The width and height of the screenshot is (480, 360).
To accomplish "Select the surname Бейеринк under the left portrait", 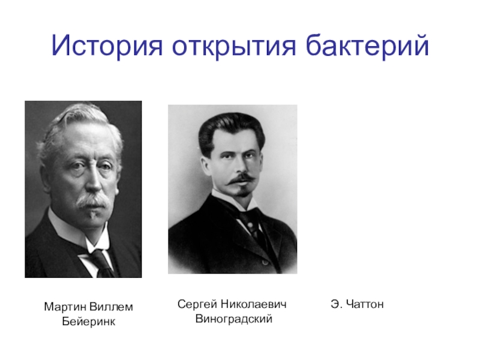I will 88,322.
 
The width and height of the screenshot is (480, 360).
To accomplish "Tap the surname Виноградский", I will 233,319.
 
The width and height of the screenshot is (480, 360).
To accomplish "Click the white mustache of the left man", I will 92,200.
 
